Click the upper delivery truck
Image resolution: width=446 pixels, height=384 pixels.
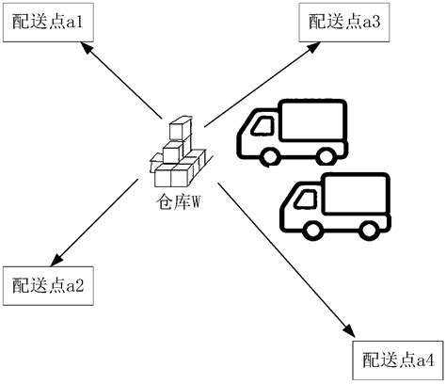click(x=294, y=133)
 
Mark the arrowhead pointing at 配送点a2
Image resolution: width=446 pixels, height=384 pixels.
click(x=56, y=260)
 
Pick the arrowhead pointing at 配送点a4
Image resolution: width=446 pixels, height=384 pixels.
click(x=349, y=331)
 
